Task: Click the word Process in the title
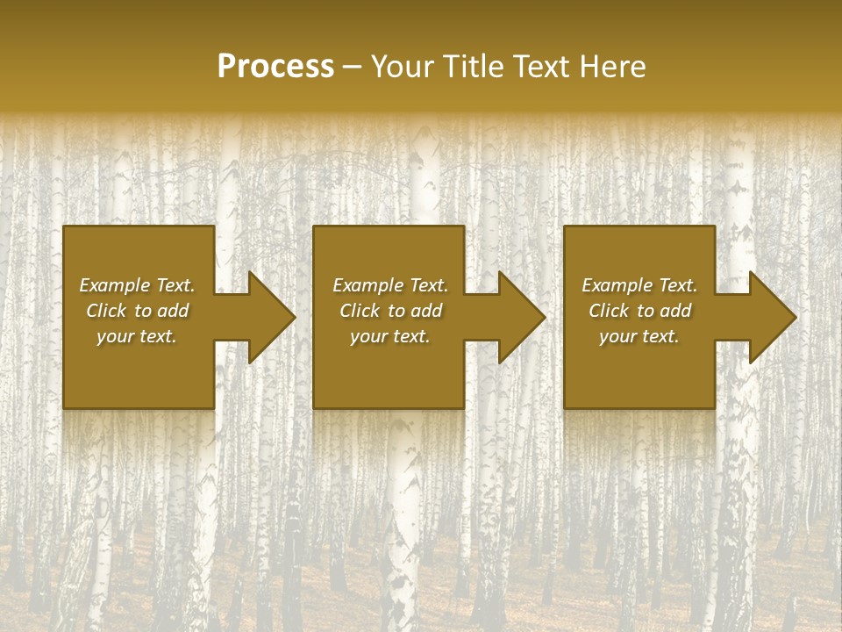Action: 275,67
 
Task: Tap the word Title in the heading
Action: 475,67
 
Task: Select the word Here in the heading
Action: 612,67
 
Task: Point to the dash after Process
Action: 352,68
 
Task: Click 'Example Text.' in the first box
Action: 137,285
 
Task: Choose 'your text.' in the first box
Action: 137,336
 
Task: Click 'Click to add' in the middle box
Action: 390,311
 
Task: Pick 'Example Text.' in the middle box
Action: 390,285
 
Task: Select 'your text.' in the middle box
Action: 390,336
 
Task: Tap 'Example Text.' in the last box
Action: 639,285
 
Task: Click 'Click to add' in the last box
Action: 639,311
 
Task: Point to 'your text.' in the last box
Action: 639,336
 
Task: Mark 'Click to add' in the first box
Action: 137,311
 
